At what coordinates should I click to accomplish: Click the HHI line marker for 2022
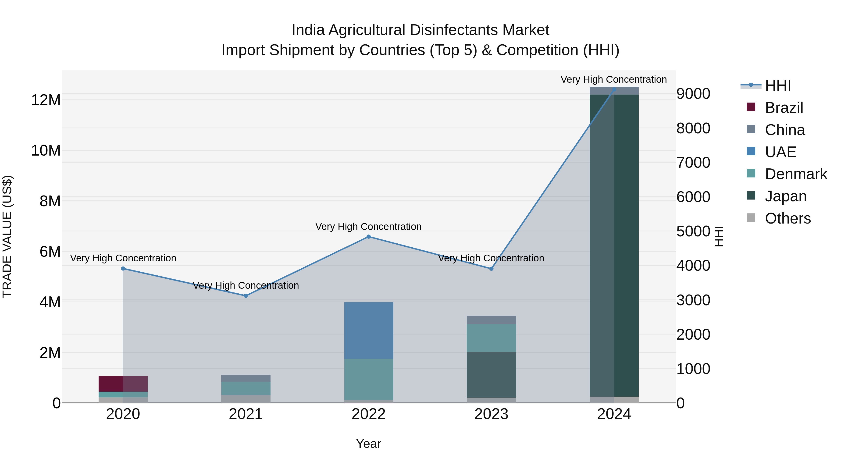tap(369, 237)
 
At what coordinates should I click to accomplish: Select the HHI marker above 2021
tap(246, 296)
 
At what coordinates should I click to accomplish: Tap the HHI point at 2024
tap(614, 89)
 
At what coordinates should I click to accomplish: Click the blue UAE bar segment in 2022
tap(369, 330)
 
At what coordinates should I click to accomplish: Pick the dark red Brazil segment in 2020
tap(111, 384)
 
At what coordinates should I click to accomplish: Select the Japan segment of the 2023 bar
tap(491, 374)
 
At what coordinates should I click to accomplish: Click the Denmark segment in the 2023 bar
tap(491, 338)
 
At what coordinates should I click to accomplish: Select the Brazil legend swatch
tap(751, 107)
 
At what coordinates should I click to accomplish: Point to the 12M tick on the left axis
tap(46, 100)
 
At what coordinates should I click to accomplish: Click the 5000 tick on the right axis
tap(693, 231)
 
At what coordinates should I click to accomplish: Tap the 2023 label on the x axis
tap(491, 414)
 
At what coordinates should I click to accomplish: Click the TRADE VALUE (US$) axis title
tap(7, 236)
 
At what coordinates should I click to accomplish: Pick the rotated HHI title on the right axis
tap(719, 236)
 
